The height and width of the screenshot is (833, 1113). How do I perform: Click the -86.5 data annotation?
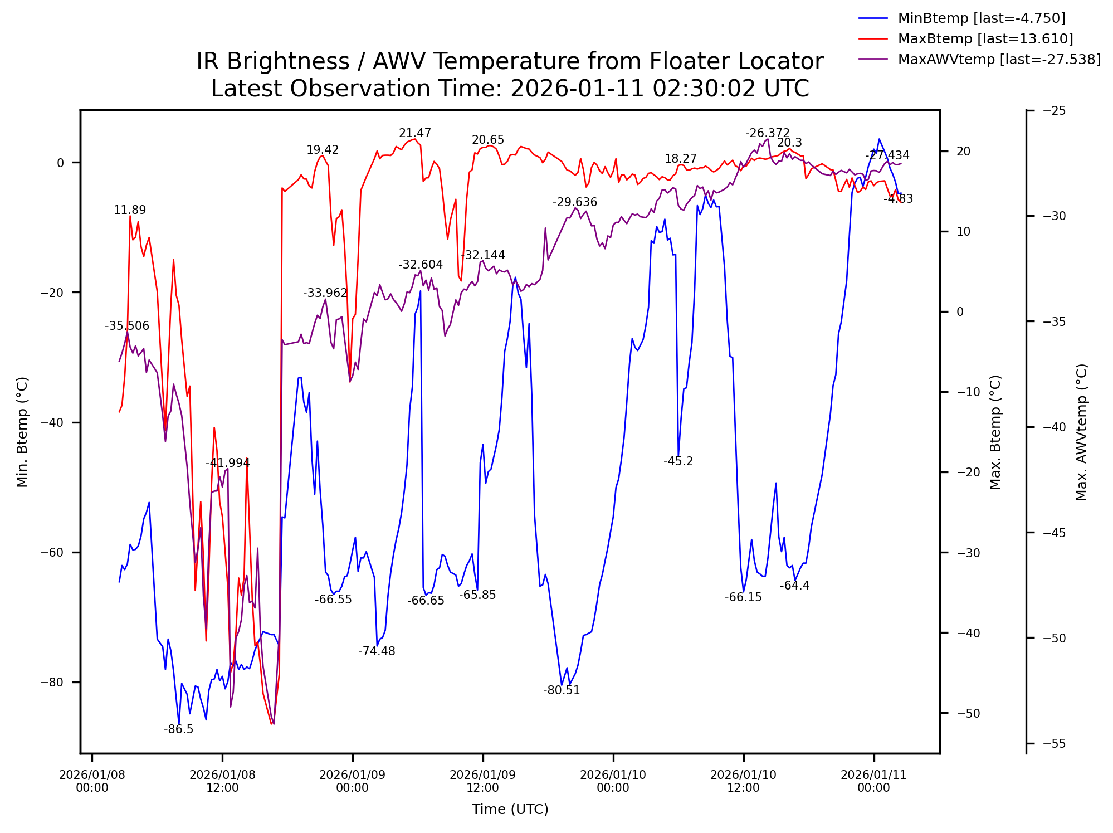[178, 729]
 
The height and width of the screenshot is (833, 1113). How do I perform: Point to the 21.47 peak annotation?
[414, 133]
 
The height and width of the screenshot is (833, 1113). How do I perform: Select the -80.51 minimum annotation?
[562, 690]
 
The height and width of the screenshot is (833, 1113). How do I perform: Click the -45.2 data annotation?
[678, 461]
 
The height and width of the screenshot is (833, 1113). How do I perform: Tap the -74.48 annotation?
[377, 651]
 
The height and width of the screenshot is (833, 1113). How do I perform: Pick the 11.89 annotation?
[130, 210]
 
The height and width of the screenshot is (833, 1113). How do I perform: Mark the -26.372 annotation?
[767, 133]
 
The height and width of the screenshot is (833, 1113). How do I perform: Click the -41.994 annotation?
[228, 463]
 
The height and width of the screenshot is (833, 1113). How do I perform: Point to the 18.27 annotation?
[680, 159]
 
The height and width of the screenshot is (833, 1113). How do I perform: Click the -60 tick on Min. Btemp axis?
[52, 552]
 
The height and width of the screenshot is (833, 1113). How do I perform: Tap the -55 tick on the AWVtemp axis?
[1054, 743]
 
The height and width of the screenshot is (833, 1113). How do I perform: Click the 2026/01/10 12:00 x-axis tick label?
[743, 781]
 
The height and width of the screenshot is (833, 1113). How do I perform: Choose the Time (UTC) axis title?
[510, 810]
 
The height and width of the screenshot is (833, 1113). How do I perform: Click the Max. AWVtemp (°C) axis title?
[1081, 432]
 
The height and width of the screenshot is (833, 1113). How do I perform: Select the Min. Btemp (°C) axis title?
[22, 432]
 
